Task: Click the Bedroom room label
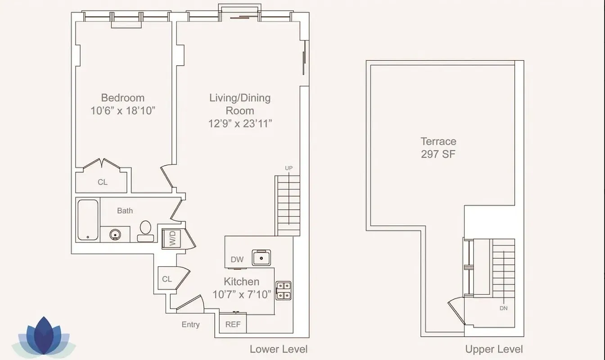tap(122, 98)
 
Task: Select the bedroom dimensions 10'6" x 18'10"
tap(123, 111)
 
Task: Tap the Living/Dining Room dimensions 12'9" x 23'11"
tap(240, 124)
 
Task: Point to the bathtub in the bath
tap(88, 220)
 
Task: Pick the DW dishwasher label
tap(237, 260)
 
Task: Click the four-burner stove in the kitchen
tap(283, 291)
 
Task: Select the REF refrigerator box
tap(233, 324)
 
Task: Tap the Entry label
tap(190, 324)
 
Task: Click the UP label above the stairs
tap(289, 168)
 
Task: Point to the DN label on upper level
tap(503, 309)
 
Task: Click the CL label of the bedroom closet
tap(103, 182)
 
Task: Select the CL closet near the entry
tap(167, 279)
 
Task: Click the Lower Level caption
tap(279, 349)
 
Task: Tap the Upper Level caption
tap(494, 349)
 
